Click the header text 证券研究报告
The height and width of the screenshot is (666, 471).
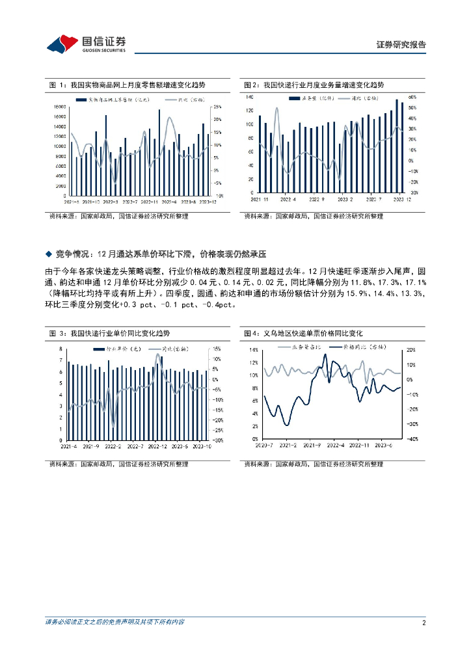pos(401,45)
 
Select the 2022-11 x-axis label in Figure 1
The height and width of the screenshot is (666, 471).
pos(151,202)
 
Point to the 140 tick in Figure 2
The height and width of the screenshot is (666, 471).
pos(249,96)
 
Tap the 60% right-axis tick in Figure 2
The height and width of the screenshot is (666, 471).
pos(412,96)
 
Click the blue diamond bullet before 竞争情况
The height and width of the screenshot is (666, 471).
pos(48,253)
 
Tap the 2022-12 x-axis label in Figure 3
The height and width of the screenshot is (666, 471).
pos(158,447)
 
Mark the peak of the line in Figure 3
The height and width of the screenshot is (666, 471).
pos(156,353)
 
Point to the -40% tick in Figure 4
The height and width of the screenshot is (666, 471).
pos(411,440)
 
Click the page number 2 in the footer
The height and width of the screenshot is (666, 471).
pos(424,622)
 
